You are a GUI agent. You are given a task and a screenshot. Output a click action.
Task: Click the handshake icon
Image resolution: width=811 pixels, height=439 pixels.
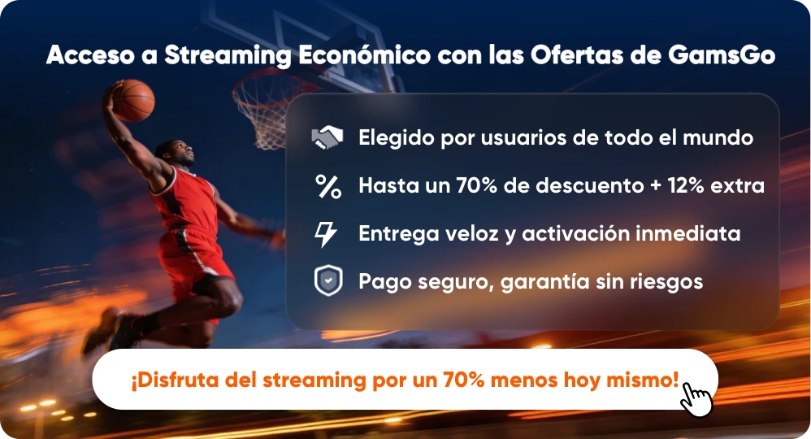point(327,137)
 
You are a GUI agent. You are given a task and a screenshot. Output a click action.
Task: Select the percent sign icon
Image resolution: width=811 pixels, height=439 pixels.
point(327,186)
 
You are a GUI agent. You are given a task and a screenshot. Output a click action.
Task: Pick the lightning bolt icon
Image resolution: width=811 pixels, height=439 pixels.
point(326,234)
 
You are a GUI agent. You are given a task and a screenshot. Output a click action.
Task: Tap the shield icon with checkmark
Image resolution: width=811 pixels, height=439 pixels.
point(327,281)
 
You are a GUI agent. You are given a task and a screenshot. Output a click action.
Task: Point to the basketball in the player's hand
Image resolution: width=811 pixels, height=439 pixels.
point(132,99)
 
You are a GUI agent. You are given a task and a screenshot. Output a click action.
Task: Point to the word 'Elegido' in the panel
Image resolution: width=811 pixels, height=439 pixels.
point(397,138)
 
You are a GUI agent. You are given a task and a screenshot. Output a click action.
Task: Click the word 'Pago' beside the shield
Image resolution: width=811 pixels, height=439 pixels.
point(384,282)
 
